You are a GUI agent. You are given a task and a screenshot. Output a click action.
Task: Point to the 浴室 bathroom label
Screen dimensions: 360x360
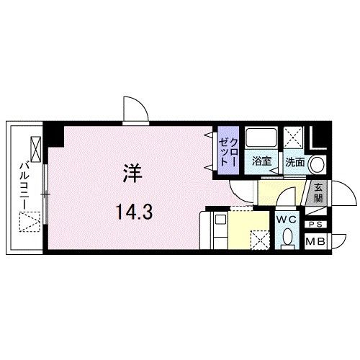261,162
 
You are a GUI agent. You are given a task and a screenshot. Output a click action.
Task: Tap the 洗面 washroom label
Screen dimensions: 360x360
294,162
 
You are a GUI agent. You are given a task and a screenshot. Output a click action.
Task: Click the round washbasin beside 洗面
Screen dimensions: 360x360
315,162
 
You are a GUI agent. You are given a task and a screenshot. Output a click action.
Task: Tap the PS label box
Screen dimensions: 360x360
315,224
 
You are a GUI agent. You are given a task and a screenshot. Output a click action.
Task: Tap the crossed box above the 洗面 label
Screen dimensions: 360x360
293,137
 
